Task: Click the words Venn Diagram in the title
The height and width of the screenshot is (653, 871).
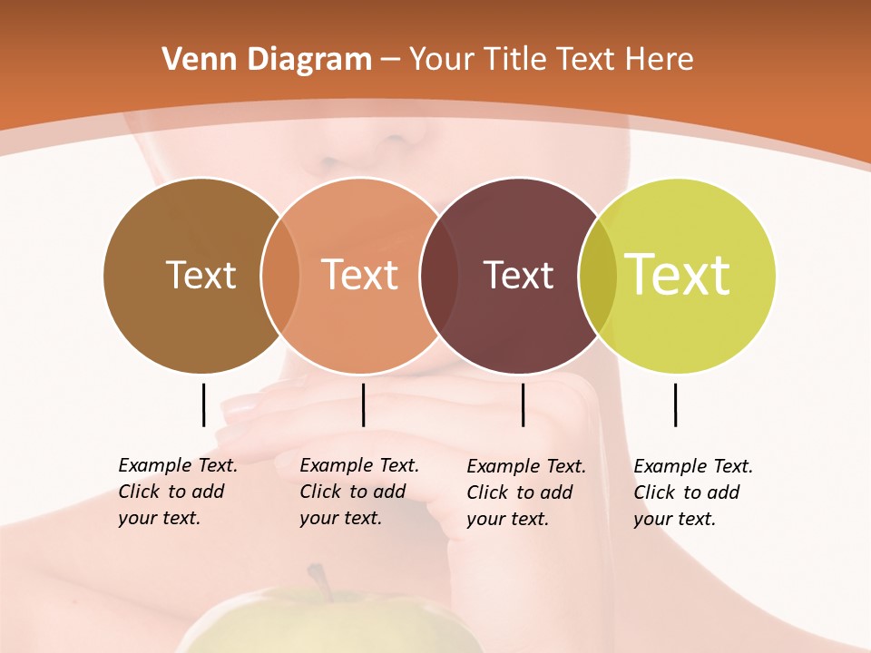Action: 267,60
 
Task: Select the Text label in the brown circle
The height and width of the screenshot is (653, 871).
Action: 201,275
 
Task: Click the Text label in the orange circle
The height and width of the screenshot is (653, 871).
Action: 360,275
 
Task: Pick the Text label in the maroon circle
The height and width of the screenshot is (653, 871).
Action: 518,275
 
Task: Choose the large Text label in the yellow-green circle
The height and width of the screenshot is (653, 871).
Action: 678,274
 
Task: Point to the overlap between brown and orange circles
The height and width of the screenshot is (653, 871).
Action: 279,276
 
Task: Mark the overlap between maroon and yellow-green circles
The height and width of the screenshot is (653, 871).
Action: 597,276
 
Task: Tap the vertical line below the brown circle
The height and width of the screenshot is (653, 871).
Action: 203,404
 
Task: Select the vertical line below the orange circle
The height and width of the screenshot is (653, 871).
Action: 363,404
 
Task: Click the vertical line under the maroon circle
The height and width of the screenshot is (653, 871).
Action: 523,404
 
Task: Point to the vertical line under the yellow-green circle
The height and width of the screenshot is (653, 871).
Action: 675,404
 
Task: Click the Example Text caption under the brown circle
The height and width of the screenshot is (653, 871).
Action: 178,492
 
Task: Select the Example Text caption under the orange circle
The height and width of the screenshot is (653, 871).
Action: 359,492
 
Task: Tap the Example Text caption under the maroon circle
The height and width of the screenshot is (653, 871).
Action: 526,492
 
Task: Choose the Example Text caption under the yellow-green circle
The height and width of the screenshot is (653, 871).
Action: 693,492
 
